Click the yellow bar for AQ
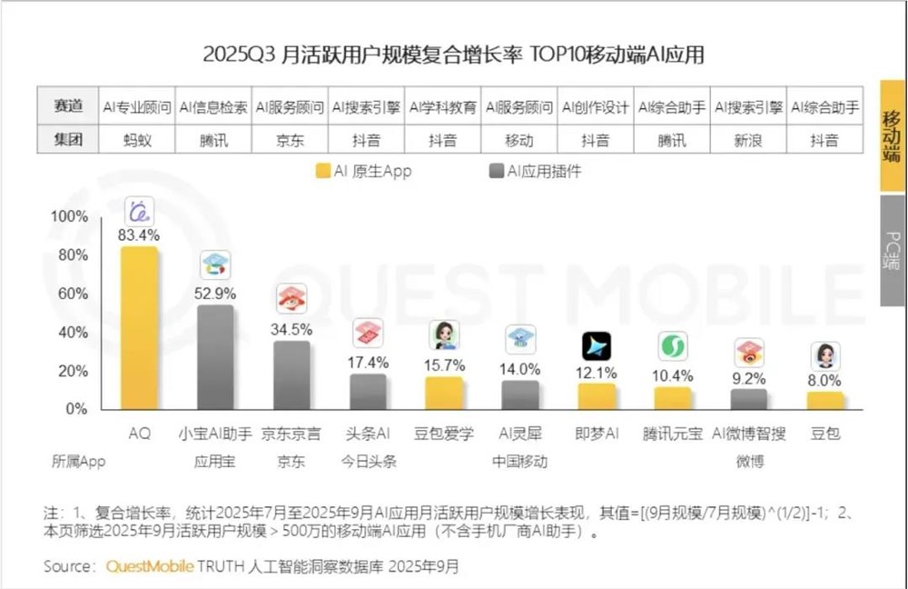coord(139,328)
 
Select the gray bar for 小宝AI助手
coord(215,357)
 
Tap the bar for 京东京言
coord(291,374)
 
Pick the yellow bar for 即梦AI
coord(597,396)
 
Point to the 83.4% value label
coord(139,235)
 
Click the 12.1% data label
coord(597,373)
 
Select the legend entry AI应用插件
coord(536,170)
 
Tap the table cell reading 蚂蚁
coord(139,141)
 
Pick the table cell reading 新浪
coord(748,141)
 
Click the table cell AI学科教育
coord(444,107)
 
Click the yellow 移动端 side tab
coord(893,136)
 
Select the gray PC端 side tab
coord(893,250)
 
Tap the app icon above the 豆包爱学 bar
coord(444,334)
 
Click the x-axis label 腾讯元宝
coord(672,434)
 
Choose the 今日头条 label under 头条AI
coord(368,461)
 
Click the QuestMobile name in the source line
coord(150,566)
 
